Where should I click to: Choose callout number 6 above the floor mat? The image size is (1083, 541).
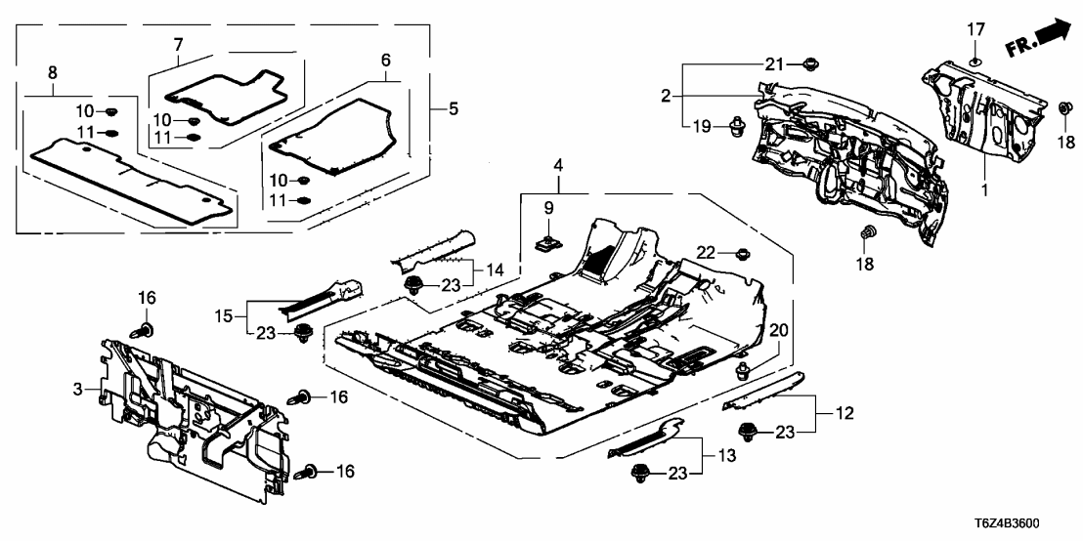point(386,60)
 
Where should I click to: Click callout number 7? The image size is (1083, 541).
point(178,44)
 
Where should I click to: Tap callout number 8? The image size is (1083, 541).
point(52,72)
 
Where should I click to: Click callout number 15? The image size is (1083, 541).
point(223,314)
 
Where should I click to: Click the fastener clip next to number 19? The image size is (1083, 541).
point(738,127)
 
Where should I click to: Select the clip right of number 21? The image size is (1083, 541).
point(808,64)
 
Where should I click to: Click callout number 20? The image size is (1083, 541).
point(778,330)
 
